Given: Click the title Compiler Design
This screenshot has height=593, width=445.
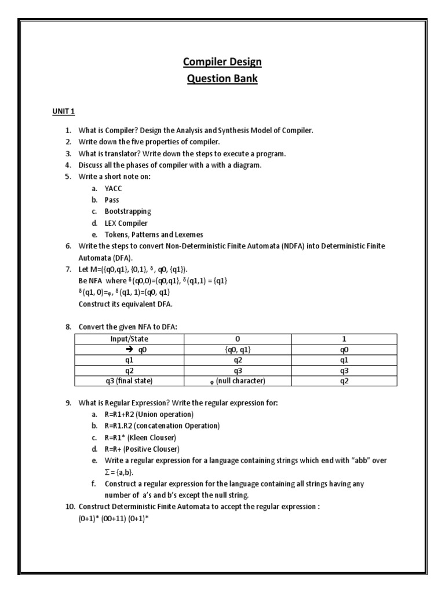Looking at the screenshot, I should point(222,61).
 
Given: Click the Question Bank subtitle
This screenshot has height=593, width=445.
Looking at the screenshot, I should point(222,79).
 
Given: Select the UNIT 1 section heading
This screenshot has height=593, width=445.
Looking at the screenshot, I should point(64,111).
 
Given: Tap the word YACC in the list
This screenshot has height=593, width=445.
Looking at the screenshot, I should point(114,188).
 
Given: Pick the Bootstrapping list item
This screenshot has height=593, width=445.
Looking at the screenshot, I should point(127,211).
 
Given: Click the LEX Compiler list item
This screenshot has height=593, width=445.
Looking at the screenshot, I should point(126,223).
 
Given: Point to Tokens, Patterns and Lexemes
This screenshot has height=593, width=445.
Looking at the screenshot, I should point(154,235).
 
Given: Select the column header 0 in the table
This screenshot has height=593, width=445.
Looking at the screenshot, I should point(237,339).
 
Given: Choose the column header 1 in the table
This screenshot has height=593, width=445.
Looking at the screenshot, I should point(345,339).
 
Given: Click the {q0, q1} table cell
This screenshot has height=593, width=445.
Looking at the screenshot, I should point(237,349).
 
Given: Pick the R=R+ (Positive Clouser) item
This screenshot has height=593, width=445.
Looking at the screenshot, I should point(142,449).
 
